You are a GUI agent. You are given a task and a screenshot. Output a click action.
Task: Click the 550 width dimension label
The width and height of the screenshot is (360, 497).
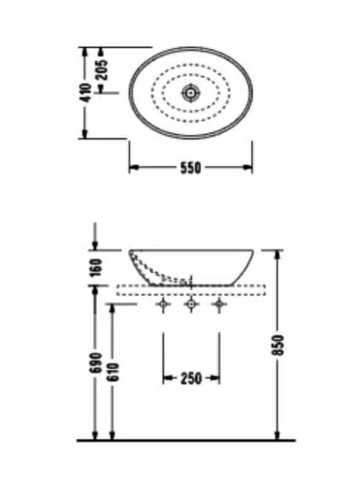(x=190, y=167)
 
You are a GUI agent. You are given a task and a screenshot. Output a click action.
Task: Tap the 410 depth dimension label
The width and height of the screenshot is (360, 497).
(x=86, y=93)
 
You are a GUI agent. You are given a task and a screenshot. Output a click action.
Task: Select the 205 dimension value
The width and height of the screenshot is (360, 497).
(x=102, y=69)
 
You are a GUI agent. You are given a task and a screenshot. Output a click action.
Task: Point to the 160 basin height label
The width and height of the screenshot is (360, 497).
(x=97, y=268)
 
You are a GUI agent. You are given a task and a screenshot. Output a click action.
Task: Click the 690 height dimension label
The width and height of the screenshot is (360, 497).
(x=96, y=363)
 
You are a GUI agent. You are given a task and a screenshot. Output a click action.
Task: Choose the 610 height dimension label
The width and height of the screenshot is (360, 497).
(x=113, y=371)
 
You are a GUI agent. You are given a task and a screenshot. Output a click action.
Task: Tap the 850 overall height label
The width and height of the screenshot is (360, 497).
(x=280, y=345)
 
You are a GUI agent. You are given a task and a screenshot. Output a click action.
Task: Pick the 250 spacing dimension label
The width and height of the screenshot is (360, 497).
(x=190, y=378)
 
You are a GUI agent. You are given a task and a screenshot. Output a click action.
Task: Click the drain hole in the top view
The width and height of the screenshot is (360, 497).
(x=190, y=93)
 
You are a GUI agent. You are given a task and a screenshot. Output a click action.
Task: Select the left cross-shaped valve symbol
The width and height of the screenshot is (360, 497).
(x=164, y=304)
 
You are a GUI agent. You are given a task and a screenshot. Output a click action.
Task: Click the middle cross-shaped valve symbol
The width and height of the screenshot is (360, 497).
(x=190, y=304)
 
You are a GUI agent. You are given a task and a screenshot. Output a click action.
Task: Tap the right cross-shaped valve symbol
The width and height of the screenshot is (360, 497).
(x=219, y=304)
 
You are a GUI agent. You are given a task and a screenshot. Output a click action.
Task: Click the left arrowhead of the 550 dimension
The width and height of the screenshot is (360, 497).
(x=134, y=167)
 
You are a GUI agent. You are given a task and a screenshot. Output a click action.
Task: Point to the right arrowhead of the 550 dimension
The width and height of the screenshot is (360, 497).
(x=247, y=167)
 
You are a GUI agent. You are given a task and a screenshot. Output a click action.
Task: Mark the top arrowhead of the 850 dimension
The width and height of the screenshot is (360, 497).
(x=277, y=255)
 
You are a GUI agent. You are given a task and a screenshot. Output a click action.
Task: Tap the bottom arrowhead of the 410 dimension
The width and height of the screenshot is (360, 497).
(x=84, y=133)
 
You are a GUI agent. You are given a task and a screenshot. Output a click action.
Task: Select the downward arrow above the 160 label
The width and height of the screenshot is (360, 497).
(x=94, y=236)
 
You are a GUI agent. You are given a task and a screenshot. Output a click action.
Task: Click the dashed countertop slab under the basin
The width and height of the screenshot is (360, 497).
(x=190, y=290)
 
